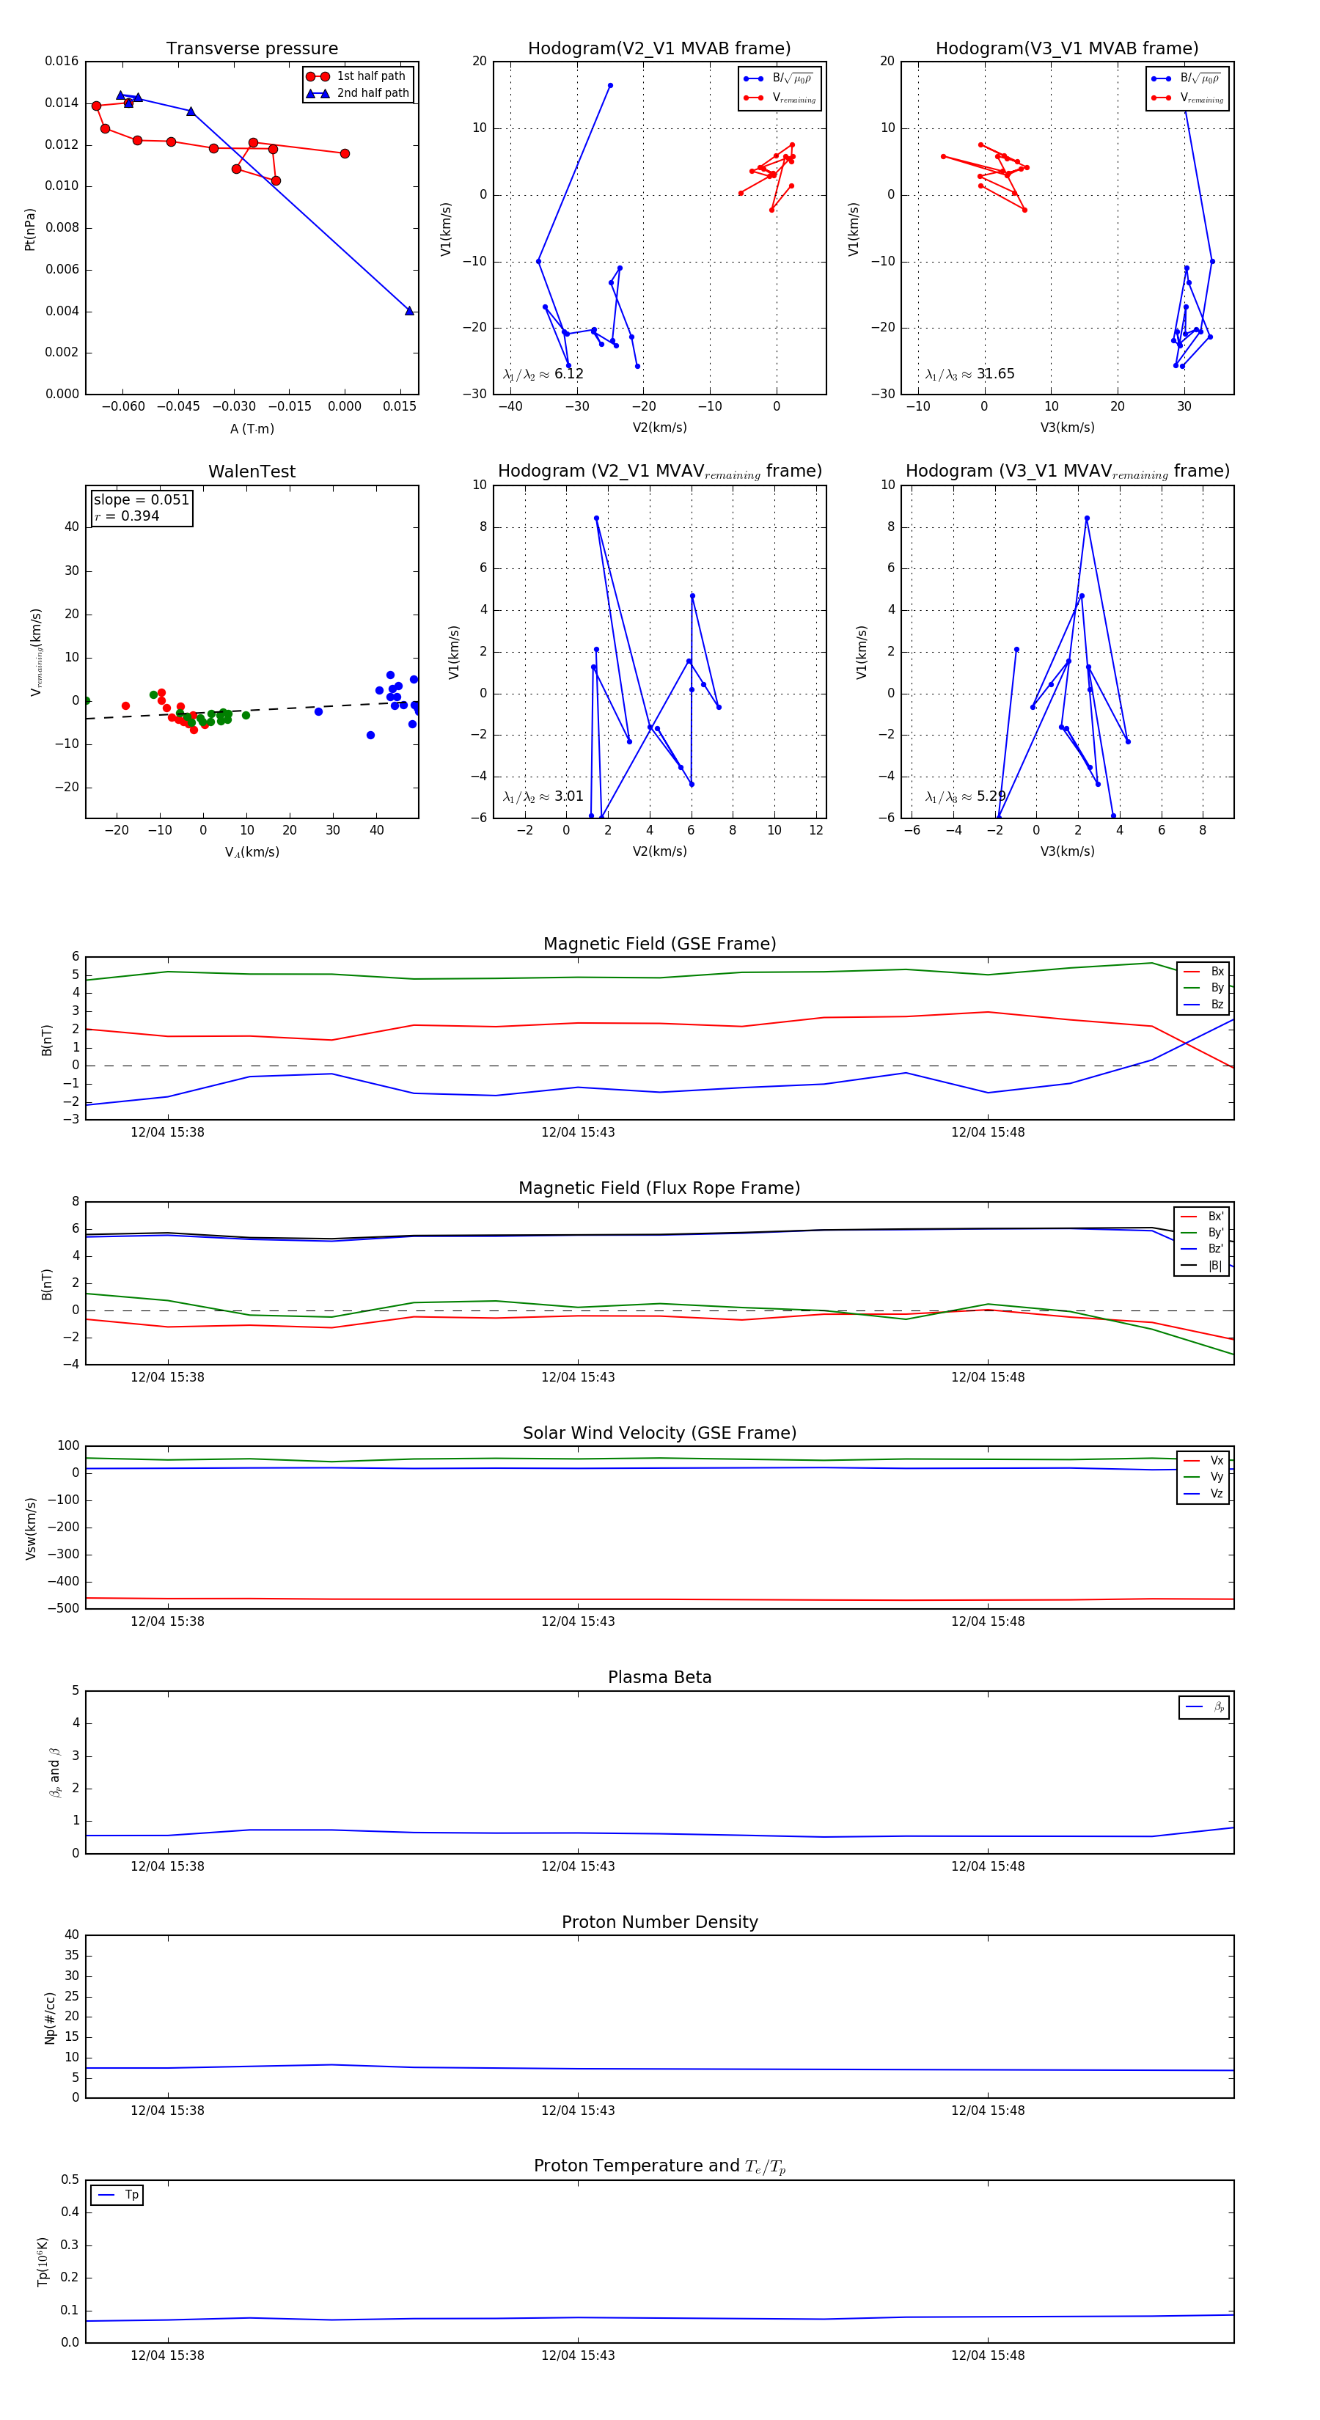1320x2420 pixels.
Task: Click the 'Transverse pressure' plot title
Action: (252, 49)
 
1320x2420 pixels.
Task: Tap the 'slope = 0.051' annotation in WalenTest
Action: (141, 500)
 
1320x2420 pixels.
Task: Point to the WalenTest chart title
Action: (252, 472)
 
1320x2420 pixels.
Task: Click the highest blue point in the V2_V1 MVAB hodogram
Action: (609, 86)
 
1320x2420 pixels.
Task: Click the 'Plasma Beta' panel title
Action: (659, 1677)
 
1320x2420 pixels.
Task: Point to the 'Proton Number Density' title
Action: (659, 1922)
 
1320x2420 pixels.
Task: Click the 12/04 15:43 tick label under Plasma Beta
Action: (578, 1866)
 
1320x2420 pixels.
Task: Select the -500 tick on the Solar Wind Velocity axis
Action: (64, 1608)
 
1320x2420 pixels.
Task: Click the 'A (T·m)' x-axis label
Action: (252, 428)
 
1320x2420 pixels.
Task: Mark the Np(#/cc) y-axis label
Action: (50, 2017)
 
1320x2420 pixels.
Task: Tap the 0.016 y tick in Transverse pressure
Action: (62, 61)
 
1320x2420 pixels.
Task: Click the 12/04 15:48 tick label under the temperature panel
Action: (987, 2355)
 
